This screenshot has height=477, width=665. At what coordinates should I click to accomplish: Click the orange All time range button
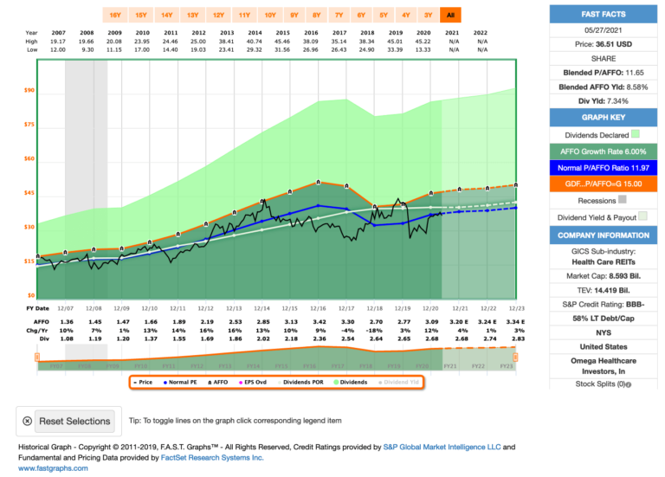click(x=449, y=15)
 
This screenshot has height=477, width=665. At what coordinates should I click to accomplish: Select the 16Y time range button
click(x=113, y=15)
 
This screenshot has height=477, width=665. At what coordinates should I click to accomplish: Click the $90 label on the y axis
click(x=29, y=90)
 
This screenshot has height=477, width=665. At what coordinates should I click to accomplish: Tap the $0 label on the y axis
click(x=30, y=295)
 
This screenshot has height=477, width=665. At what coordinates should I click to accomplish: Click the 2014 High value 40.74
click(x=255, y=40)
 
